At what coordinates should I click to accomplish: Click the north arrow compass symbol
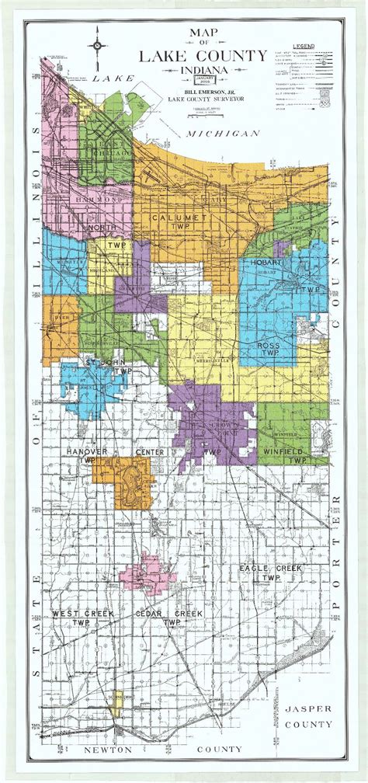point(99,45)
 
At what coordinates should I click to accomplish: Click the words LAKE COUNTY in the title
point(189,56)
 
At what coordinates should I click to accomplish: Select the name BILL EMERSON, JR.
point(189,89)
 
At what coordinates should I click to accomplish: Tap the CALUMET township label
point(180,218)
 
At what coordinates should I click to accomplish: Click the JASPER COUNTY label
point(307,716)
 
